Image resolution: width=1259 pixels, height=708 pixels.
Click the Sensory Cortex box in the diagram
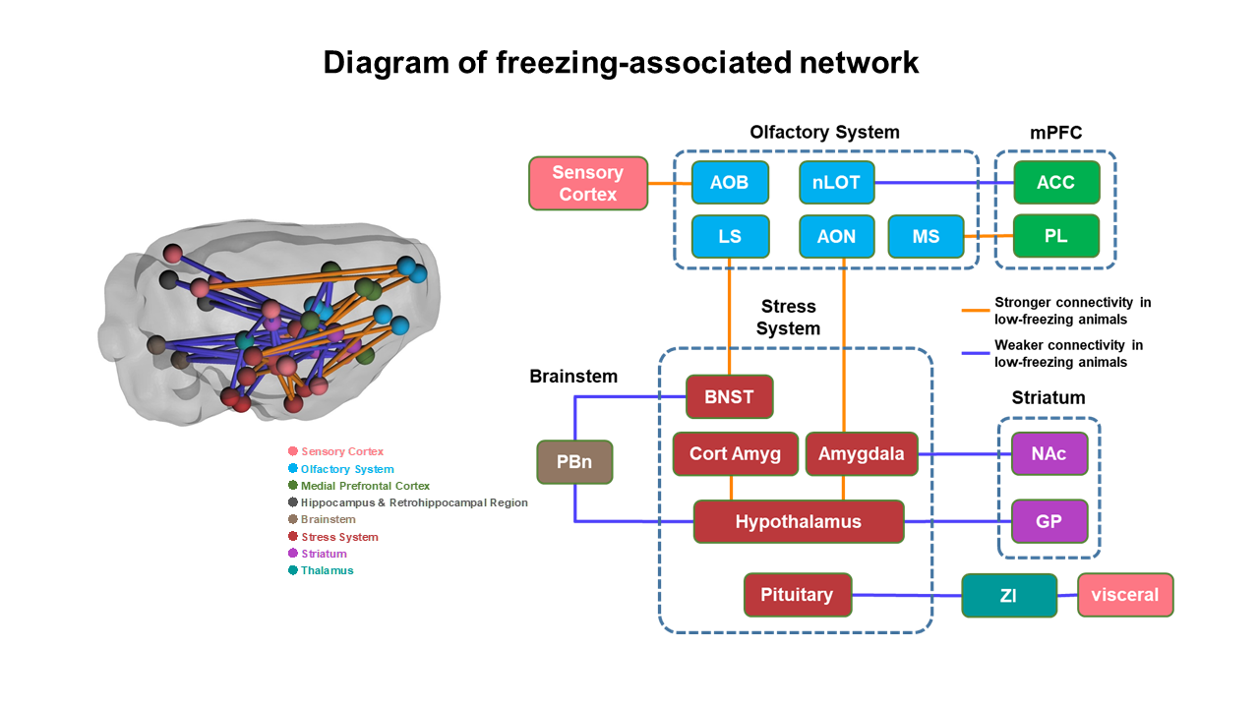point(588,183)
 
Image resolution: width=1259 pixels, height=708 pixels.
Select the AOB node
point(730,182)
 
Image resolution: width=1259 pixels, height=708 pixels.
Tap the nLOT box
point(836,182)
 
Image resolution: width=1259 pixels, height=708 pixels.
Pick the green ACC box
point(1056,182)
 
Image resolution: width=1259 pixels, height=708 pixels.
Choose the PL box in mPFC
point(1056,236)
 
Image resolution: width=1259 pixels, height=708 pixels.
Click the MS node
point(926,237)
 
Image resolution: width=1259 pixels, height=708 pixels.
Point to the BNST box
point(729,396)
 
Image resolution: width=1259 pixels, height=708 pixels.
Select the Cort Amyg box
point(735,453)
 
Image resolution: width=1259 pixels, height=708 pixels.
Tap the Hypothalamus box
point(798,521)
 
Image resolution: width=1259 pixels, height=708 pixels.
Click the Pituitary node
point(797,595)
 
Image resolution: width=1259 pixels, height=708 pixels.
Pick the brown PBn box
point(574,462)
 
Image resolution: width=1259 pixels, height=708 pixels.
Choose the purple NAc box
point(1049,453)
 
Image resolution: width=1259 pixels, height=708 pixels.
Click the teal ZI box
point(1009,595)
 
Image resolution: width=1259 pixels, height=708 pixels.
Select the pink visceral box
point(1125,595)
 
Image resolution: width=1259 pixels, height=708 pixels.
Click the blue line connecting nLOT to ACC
point(944,183)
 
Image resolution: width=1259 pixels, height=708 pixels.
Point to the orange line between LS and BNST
point(729,317)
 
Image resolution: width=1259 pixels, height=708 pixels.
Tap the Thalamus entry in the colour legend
point(321,570)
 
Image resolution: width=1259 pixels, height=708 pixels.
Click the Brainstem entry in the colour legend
point(322,519)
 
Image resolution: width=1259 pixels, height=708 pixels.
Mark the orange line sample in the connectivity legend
point(975,310)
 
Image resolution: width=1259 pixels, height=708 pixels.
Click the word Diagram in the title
point(387,63)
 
